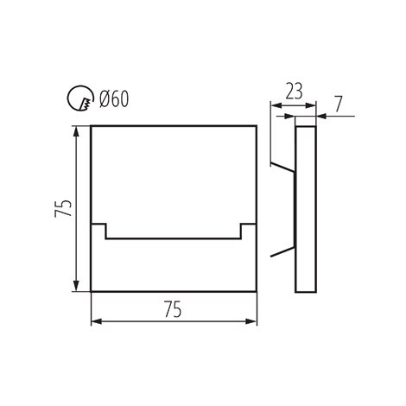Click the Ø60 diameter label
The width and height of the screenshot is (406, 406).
(x=114, y=99)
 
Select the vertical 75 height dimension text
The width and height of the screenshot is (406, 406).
(x=63, y=208)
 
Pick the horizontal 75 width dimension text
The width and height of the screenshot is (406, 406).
(x=173, y=309)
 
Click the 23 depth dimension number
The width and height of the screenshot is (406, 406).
(x=294, y=92)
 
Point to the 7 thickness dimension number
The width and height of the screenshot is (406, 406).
(x=339, y=104)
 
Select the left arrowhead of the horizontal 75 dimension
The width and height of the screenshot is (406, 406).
(x=97, y=321)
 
